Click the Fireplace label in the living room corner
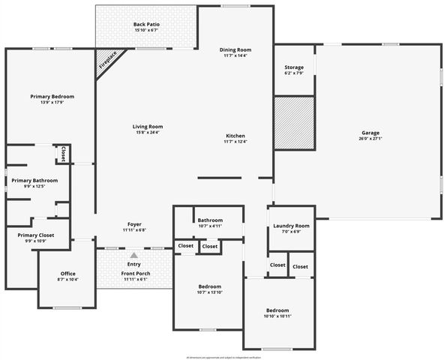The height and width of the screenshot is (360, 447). click(109, 61)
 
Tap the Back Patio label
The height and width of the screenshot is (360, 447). click(146, 25)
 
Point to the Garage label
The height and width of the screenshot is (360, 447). click(371, 132)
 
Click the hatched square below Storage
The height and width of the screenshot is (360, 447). click(293, 122)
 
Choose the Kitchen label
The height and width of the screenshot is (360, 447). click(235, 136)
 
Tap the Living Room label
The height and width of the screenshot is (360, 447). click(148, 127)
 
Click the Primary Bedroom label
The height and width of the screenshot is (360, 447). click(52, 97)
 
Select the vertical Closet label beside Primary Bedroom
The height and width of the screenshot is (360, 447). click(64, 154)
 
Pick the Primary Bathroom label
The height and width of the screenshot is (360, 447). click(34, 181)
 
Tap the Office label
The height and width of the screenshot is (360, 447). click(67, 274)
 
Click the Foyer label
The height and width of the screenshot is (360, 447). click(134, 224)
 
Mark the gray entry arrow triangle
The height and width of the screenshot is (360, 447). click(134, 256)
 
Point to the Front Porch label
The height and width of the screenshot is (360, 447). click(136, 274)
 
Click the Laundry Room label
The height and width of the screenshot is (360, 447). click(291, 226)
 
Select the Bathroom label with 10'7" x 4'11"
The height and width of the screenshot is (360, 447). click(210, 220)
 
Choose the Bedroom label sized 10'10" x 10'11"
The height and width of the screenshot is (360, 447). click(277, 310)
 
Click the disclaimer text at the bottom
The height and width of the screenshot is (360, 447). click(223, 358)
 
